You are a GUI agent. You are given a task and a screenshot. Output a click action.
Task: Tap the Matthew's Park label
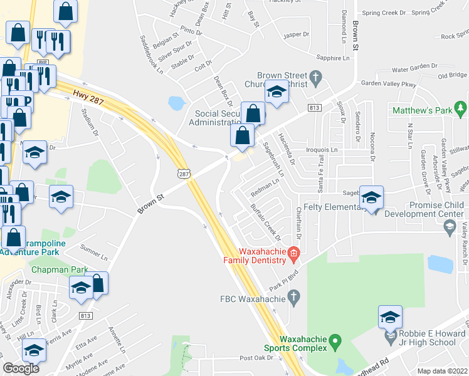point(422,110)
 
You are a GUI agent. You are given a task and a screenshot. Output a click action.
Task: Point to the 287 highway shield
point(181,172)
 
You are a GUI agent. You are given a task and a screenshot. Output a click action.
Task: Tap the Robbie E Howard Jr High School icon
point(390,318)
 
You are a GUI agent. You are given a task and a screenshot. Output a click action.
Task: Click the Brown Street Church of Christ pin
point(316,78)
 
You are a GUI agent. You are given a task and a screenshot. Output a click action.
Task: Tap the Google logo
point(21,368)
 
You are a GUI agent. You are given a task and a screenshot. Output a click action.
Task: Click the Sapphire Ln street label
point(332,57)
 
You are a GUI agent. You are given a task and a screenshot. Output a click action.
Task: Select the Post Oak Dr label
point(257,358)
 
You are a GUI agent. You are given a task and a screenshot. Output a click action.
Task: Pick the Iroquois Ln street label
point(321,150)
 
